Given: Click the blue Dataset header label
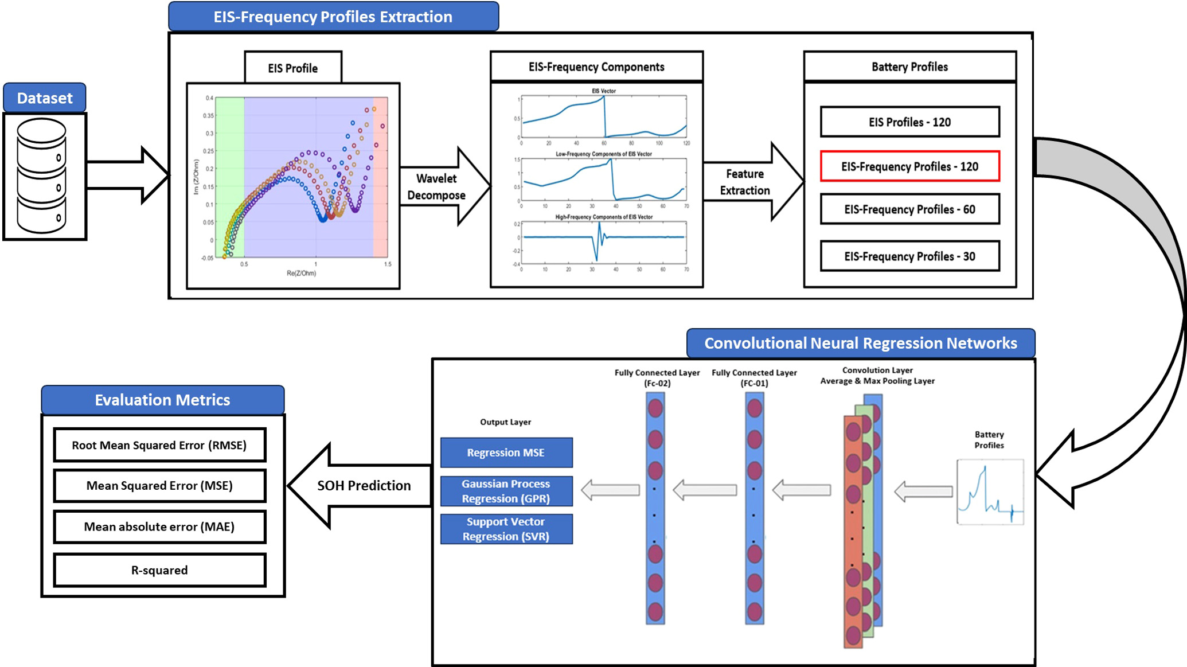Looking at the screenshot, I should pyautogui.click(x=45, y=98).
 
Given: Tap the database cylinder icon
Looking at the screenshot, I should pyautogui.click(x=42, y=175).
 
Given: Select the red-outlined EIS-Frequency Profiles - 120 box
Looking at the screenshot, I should pyautogui.click(x=909, y=166).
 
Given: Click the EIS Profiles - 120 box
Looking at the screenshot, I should pyautogui.click(x=909, y=122).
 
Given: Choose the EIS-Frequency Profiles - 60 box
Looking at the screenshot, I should pyautogui.click(x=909, y=209).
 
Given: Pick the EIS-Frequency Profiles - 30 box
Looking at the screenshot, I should pyautogui.click(x=909, y=256).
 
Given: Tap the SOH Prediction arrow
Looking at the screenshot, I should pyautogui.click(x=361, y=485).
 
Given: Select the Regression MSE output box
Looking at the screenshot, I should pyautogui.click(x=506, y=453).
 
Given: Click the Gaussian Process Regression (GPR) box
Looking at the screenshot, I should pyautogui.click(x=506, y=491).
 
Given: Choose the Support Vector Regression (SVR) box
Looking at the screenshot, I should pyautogui.click(x=506, y=529).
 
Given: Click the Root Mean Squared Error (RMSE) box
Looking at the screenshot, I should pyautogui.click(x=159, y=445).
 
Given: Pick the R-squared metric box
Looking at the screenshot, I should pyautogui.click(x=159, y=570).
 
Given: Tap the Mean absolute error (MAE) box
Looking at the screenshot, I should pyautogui.click(x=159, y=526).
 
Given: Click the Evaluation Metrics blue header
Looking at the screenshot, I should pyautogui.click(x=162, y=400).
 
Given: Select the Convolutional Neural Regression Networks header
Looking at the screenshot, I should pyautogui.click(x=860, y=343).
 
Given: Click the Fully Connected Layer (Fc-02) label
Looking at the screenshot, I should pyautogui.click(x=657, y=377).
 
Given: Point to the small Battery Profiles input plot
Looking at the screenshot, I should pyautogui.click(x=990, y=492).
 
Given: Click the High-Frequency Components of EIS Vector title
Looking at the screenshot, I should pyautogui.click(x=603, y=217).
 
